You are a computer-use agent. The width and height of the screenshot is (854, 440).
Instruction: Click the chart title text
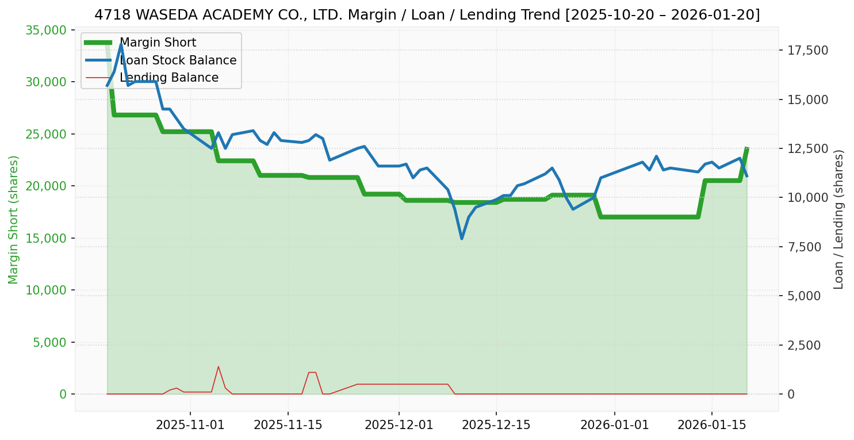click(427, 15)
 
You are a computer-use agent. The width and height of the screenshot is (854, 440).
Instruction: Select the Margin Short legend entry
click(158, 43)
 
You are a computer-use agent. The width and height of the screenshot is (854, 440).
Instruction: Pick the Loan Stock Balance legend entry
click(178, 60)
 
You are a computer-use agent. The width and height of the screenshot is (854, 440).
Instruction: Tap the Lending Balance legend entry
click(168, 78)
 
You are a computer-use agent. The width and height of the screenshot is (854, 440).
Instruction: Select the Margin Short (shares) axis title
click(14, 220)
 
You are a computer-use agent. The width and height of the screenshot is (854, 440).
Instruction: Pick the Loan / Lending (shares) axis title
click(838, 220)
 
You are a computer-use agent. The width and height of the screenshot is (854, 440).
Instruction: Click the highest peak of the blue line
click(121, 44)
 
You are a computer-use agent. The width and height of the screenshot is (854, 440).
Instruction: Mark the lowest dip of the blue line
click(461, 238)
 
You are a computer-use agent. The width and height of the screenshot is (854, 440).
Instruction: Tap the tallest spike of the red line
click(218, 366)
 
